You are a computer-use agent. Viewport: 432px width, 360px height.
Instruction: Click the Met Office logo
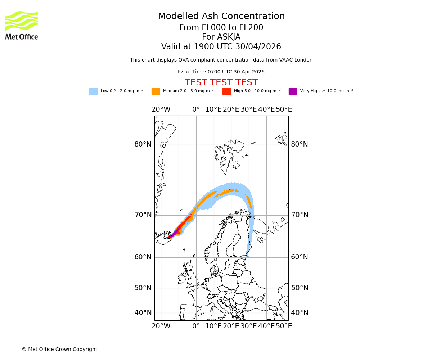coord(22,25)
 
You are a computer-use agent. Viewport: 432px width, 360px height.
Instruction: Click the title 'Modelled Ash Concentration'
coord(221,16)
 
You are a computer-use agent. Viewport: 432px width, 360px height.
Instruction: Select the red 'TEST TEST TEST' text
coord(221,82)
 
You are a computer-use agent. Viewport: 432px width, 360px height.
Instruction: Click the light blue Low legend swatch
coord(93,91)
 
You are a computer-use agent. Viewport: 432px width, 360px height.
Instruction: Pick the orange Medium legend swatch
coord(156,91)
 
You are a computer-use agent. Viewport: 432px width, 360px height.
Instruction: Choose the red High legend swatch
coord(226,91)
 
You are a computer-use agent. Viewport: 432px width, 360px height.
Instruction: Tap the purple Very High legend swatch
coord(293,91)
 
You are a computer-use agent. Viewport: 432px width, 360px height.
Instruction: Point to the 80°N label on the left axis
coord(143,144)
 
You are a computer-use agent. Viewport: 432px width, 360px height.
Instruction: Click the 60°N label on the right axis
coord(300,257)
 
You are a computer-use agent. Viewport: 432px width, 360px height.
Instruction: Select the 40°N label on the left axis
coord(143,313)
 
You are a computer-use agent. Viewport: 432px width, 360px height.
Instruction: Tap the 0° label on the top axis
coord(196,109)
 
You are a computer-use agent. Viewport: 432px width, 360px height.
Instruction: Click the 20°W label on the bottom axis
coord(161,326)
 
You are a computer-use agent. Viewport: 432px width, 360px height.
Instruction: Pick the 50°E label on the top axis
coord(284,109)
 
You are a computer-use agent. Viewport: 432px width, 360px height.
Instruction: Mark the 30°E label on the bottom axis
coord(249,326)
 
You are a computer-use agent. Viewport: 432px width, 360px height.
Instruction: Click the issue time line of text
coord(221,72)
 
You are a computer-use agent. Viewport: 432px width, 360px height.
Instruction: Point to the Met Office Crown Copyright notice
coord(59,349)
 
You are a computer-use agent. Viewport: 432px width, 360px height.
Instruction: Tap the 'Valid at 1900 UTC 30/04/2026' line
coord(221,47)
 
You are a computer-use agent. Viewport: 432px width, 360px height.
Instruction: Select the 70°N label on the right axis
coord(300,215)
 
